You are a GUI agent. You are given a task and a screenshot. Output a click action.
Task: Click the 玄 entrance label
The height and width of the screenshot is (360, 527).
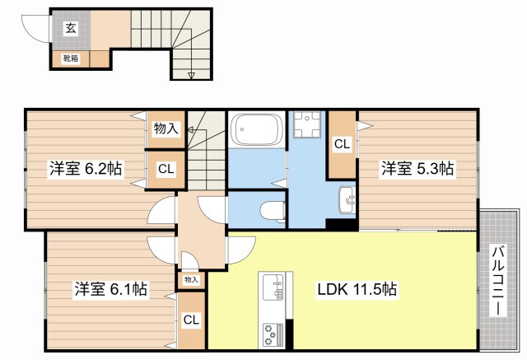coord(71,28)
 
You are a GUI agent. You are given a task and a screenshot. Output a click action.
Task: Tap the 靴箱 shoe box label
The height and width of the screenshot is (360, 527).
coord(71,58)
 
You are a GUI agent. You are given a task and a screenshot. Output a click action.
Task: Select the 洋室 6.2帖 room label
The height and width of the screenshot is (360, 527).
coord(86,168)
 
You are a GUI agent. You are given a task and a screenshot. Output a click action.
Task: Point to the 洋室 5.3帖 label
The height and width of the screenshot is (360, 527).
coord(417,168)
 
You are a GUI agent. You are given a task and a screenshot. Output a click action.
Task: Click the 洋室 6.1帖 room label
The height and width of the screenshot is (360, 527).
coord(110,288)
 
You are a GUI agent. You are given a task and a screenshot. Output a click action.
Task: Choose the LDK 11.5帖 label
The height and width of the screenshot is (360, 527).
coord(357,289)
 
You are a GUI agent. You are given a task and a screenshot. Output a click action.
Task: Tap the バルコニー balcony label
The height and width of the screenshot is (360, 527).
coord(498,281)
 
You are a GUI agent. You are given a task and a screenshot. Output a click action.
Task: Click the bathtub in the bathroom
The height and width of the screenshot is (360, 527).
coord(258,129)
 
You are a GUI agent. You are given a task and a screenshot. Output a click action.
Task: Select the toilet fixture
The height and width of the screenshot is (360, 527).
coord(273,211)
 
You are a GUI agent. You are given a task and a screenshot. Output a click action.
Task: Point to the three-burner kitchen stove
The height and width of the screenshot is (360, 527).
coord(273,334)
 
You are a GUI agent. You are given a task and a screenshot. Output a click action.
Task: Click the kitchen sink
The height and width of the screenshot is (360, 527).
coord(273,287)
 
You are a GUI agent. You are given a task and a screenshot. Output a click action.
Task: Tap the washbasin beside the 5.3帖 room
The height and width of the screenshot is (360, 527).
coord(347,200)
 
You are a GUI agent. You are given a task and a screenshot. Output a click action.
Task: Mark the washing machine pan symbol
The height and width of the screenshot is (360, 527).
coord(307,124)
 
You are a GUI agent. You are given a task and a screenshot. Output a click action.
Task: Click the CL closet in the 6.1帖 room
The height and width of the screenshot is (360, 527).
coord(191,320)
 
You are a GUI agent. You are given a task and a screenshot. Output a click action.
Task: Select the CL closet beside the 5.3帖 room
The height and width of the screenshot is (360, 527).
coord(343,144)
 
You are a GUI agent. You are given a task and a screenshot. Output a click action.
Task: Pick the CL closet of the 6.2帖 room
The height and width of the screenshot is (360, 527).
coord(166,169)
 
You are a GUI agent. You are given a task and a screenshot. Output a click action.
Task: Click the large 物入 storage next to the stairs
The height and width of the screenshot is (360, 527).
coord(166,129)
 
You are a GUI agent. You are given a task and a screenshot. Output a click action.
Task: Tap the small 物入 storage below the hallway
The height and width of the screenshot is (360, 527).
coord(191,279)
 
